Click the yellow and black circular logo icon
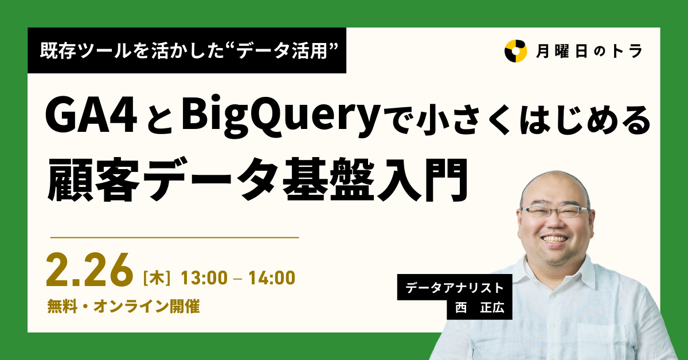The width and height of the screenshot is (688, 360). point(515,50)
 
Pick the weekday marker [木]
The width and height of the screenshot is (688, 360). point(157,279)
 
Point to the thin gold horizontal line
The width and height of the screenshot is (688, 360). point(175,237)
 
